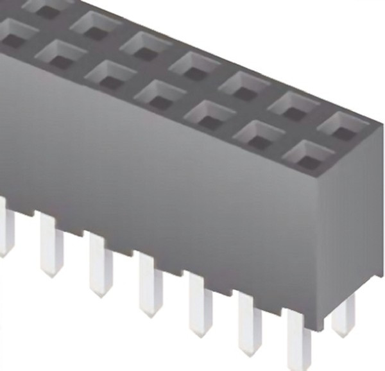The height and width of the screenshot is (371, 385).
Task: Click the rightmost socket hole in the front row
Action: (x=309, y=154)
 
